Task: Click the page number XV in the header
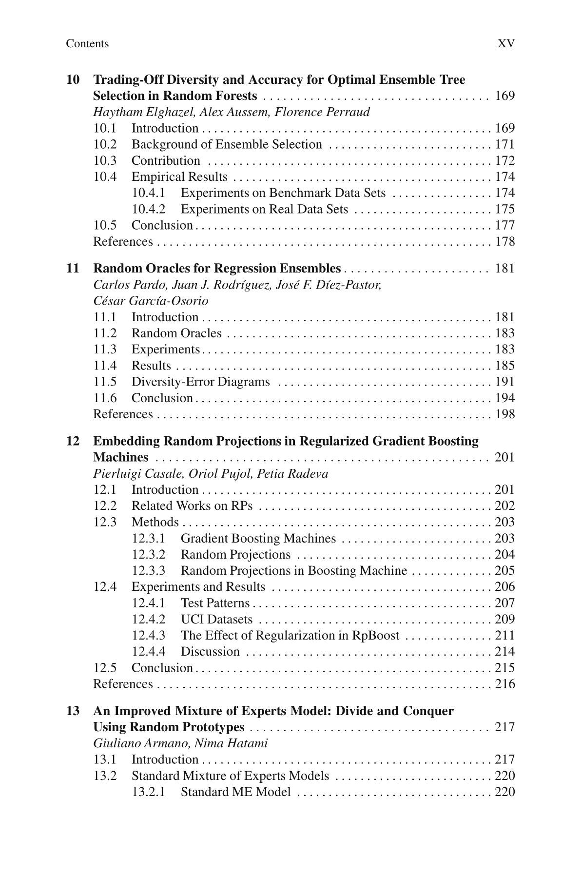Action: click(505, 44)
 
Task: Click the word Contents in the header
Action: click(87, 44)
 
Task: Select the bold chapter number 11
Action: click(73, 269)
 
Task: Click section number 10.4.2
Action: click(149, 210)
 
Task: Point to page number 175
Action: click(504, 210)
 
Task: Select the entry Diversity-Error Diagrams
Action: click(200, 382)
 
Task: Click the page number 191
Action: click(504, 382)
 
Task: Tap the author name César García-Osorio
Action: click(151, 301)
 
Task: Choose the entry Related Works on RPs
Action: click(192, 506)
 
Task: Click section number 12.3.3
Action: click(149, 571)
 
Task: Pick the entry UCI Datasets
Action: click(216, 620)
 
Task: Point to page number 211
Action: click(504, 636)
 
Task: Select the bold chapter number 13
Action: click(73, 711)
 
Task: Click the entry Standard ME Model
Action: click(235, 792)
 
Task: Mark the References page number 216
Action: click(504, 684)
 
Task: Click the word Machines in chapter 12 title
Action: click(120, 458)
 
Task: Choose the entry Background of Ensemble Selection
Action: click(227, 145)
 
